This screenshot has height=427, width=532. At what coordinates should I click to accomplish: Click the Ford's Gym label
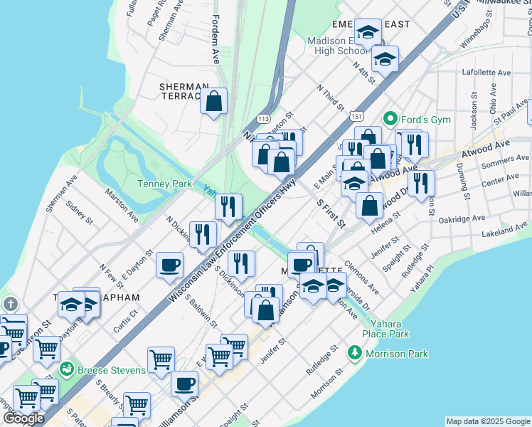(x=425, y=119)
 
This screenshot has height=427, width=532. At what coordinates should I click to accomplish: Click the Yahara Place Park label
(x=385, y=328)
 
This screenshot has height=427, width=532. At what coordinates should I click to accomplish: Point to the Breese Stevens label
(x=111, y=370)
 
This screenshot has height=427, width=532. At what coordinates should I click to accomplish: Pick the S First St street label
(x=331, y=213)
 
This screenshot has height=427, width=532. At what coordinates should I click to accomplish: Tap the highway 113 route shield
(x=264, y=117)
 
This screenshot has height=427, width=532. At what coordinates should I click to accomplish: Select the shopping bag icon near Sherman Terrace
(x=213, y=102)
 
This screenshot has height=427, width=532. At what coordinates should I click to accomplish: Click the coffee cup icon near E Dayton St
(x=169, y=265)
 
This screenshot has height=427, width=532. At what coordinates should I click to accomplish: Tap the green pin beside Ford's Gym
(x=390, y=118)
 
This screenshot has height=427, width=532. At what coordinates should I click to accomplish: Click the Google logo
(x=23, y=418)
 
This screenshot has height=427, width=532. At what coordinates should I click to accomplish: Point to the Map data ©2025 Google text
(x=488, y=421)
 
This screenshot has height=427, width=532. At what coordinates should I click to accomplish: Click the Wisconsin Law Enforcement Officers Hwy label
(x=233, y=238)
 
